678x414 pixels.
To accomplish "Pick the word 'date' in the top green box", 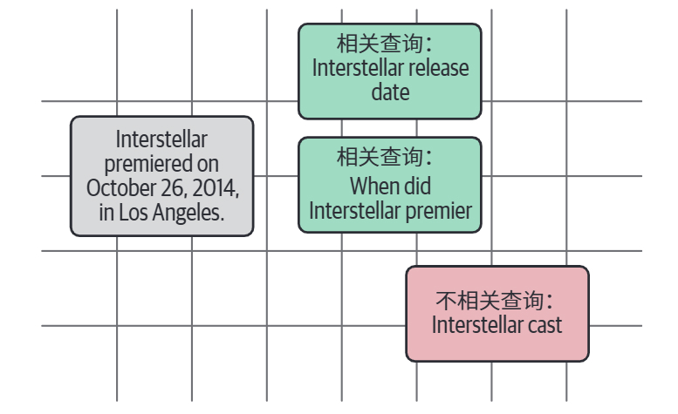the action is (390, 92).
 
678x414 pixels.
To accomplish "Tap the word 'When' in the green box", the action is (370, 186).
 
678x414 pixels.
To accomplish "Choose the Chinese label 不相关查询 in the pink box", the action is (490, 301).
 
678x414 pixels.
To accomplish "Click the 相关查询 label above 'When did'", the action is (380, 156).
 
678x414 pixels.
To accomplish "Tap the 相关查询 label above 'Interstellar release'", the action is (380, 44).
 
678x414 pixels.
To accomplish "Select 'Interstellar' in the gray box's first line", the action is (161, 139).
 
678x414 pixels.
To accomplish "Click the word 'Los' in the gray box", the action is (134, 213).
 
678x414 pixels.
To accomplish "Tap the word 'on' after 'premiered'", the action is (208, 165).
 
